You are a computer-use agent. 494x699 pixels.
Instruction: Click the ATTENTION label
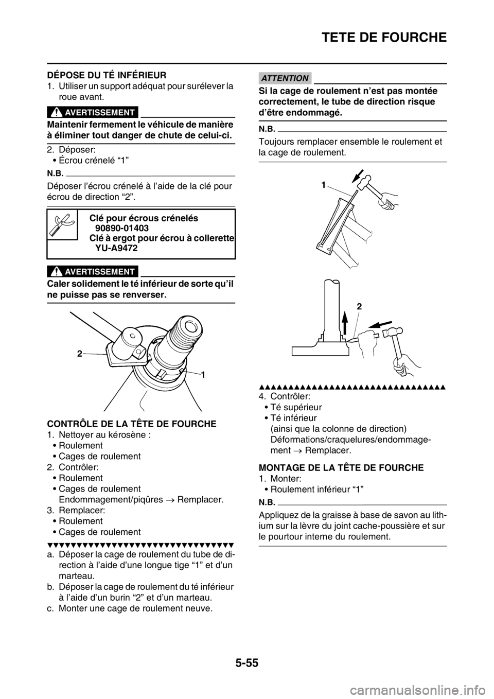click(284, 78)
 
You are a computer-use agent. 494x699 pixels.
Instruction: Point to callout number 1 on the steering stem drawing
click(203, 376)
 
